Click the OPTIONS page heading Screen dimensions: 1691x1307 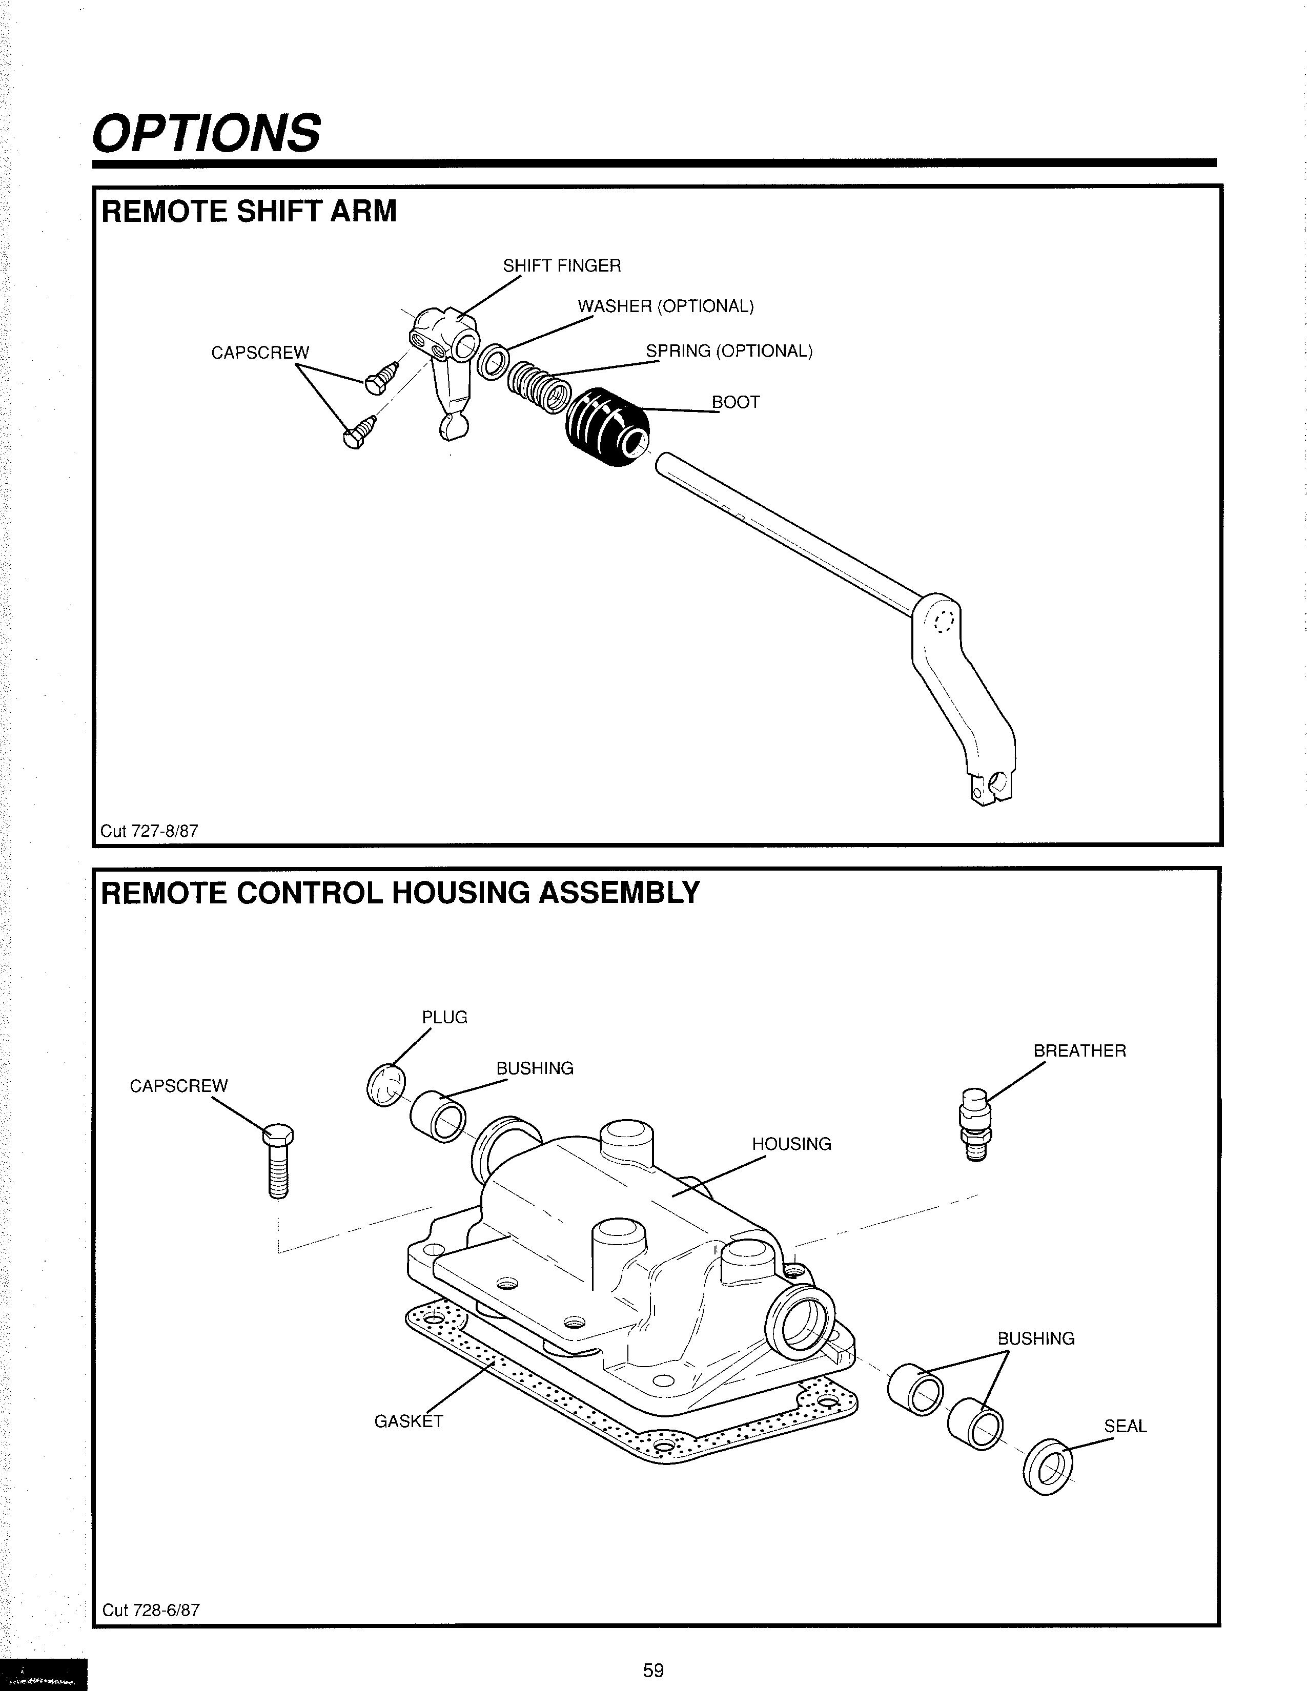[x=206, y=132]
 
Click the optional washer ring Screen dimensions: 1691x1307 [x=493, y=362]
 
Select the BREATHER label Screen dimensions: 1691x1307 [x=1079, y=1050]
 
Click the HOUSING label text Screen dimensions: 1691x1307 [x=791, y=1144]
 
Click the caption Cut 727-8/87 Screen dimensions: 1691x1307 [x=150, y=831]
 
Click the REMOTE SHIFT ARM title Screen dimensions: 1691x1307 [x=249, y=211]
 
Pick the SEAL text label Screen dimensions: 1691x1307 [x=1125, y=1426]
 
